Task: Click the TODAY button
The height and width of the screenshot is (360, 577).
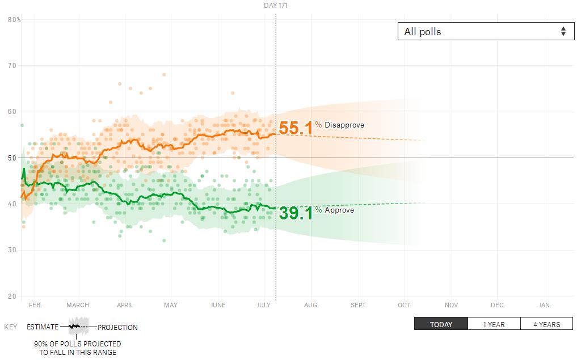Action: point(441,324)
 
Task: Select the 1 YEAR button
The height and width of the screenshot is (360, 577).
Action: point(494,324)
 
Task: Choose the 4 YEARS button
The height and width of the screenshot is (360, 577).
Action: point(546,324)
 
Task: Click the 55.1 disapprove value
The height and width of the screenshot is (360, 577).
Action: point(296,128)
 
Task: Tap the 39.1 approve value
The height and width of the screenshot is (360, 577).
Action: point(296,213)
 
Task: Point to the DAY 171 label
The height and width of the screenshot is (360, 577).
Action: point(276,6)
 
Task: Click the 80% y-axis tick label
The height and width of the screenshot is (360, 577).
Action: point(14,19)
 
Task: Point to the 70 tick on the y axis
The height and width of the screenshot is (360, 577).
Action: point(12,66)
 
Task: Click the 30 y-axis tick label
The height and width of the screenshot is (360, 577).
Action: point(12,250)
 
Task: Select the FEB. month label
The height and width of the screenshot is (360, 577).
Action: point(35,305)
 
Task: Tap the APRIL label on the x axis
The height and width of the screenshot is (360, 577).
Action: point(125,305)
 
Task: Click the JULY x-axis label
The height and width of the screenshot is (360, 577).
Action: point(263,305)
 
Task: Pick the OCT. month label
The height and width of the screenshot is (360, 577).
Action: point(405,305)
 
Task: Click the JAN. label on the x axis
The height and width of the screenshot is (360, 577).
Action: point(544,305)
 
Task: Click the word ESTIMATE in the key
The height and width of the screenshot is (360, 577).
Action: point(43,327)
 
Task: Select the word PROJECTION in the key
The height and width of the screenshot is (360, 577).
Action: point(117,327)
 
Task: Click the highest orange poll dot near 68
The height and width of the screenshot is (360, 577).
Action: point(164,74)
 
